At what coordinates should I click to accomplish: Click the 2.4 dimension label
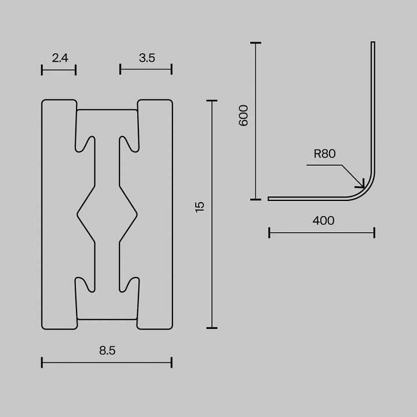coord(60,57)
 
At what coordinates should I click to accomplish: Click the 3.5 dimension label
coord(147,57)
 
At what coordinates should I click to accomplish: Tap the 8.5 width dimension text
coord(107,350)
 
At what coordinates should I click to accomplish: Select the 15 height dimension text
coord(200,207)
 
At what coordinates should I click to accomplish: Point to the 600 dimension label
coord(243,116)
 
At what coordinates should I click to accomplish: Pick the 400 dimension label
coord(323,221)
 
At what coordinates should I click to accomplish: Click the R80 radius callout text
coord(324,153)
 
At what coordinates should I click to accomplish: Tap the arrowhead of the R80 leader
coord(363,186)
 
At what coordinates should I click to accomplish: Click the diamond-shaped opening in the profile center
coord(107,214)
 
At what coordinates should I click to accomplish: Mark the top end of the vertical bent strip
coord(372,43)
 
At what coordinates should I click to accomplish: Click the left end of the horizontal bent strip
coord(270,199)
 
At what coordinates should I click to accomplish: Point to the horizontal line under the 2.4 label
coord(59,70)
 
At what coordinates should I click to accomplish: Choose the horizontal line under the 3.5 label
coord(146,70)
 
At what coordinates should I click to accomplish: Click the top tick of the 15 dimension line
coord(211,101)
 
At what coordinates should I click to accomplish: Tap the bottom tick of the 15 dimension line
coord(211,327)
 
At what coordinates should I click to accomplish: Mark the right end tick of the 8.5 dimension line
coord(171,363)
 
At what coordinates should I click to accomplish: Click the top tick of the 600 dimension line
coord(255,43)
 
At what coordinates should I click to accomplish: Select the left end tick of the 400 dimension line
coord(269,233)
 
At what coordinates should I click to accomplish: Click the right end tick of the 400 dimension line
coord(374,233)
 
